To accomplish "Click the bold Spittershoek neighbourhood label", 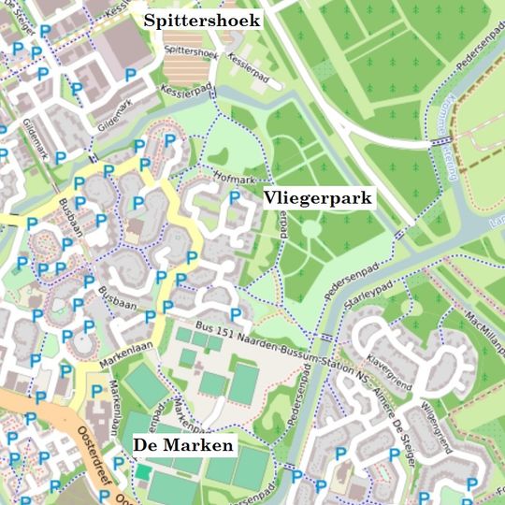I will click(x=202, y=20).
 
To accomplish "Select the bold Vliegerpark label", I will click(x=318, y=198).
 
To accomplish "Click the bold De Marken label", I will click(x=183, y=446).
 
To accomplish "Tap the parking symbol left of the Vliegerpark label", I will click(x=235, y=197).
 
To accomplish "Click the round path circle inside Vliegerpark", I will click(x=310, y=229).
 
